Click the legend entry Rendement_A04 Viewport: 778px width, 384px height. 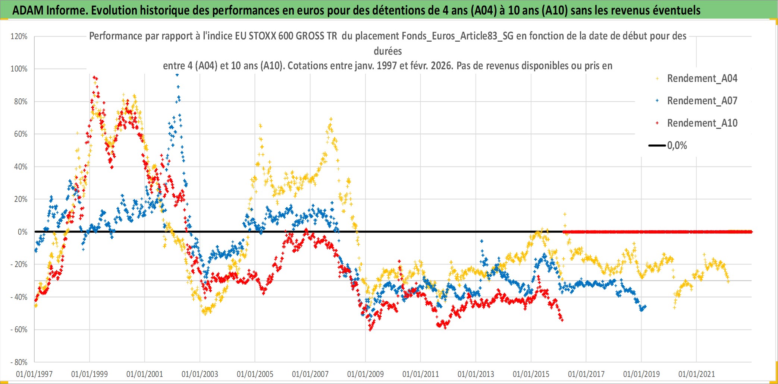pos(702,79)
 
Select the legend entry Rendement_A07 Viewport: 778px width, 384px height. pos(702,101)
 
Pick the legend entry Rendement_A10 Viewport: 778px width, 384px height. pos(702,123)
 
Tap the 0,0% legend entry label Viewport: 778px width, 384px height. pos(677,146)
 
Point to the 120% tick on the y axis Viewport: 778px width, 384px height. pos(19,37)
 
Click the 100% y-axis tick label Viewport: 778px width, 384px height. pos(19,69)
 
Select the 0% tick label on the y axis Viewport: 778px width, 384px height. pos(22,232)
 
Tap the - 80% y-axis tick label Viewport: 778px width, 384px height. pos(19,362)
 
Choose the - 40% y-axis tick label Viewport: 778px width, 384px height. pos(19,297)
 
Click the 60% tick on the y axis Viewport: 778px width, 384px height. pos(21,134)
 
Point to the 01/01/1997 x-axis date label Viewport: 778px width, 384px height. pos(34,374)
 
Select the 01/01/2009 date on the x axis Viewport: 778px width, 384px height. pos(366,374)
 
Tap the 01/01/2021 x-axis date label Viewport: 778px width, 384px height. pos(697,374)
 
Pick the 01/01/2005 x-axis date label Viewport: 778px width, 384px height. pos(255,374)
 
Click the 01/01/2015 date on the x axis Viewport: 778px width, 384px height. pos(531,374)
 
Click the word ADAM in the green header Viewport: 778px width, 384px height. pos(28,10)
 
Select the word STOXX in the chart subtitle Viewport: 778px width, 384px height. pos(262,36)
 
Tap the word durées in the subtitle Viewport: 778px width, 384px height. pos(388,51)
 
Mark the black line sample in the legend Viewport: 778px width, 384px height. pos(657,146)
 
